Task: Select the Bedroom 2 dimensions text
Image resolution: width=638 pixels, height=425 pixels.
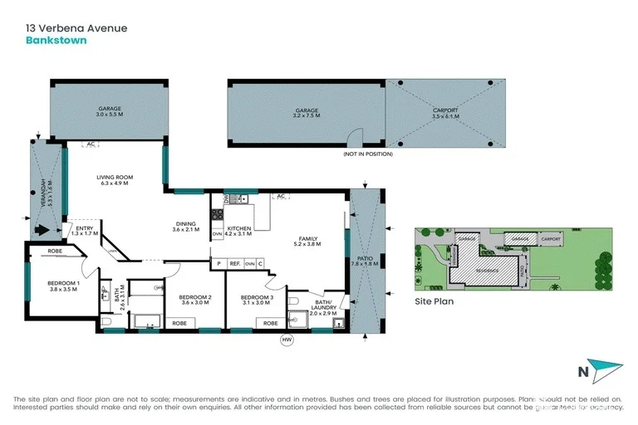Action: pos(185,303)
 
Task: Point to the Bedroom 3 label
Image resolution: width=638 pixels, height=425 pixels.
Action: pos(258,297)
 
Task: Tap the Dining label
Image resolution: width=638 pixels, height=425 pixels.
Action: pos(185,222)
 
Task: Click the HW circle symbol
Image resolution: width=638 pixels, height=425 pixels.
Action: pos(287,339)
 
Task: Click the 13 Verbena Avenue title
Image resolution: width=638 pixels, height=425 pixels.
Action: pos(75,27)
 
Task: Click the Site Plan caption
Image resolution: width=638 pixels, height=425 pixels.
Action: pos(434,302)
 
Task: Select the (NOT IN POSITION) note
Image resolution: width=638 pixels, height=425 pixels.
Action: pos(367,155)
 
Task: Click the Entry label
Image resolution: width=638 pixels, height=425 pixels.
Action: pos(85,229)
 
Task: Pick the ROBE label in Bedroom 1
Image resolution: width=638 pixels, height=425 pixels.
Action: pos(55,250)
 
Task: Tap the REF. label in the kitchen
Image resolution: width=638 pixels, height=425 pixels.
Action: pos(234,264)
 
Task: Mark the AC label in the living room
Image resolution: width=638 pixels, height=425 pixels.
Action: pos(91,144)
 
